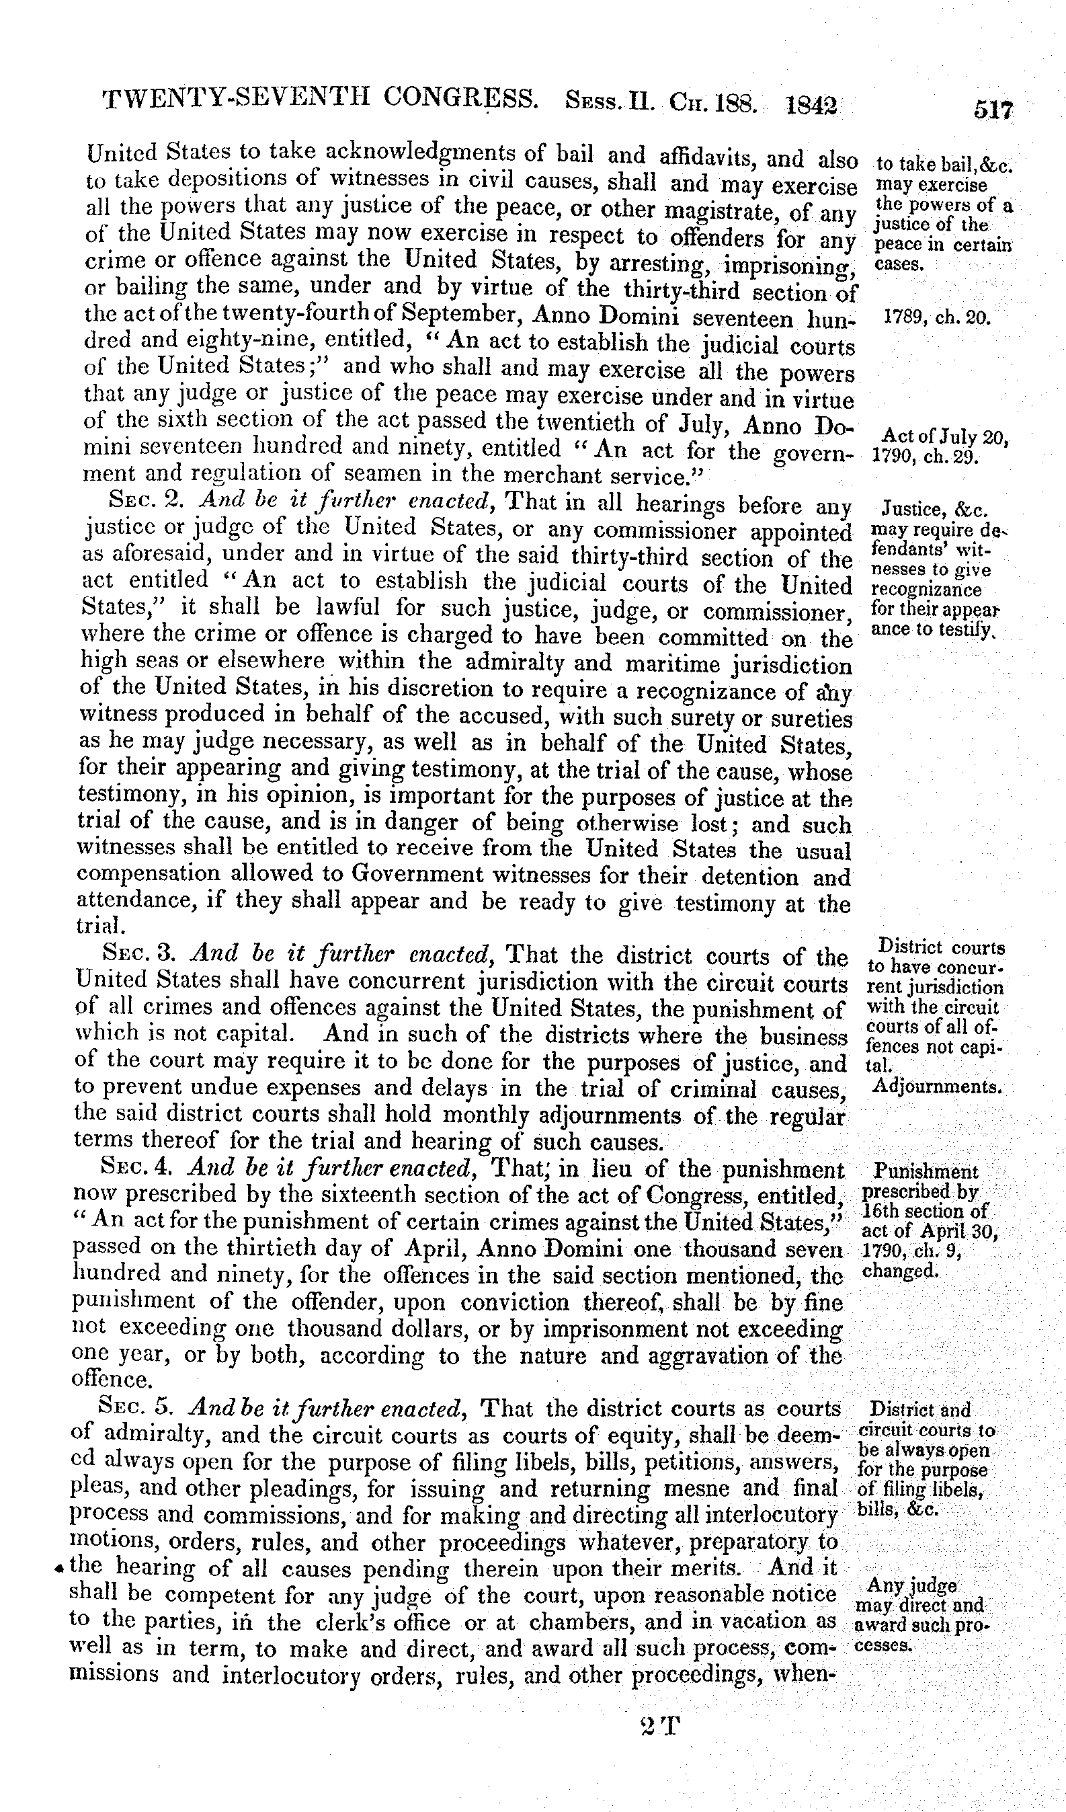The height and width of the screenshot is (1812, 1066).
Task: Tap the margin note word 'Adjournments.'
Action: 936,1087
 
